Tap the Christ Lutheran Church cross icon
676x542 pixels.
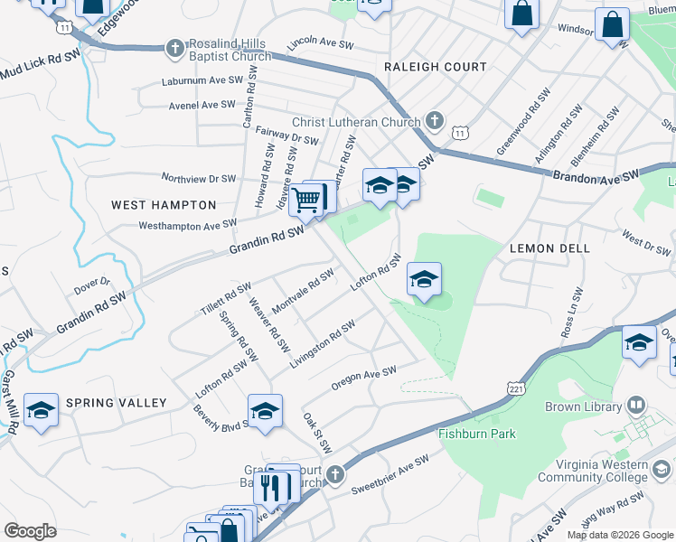434,121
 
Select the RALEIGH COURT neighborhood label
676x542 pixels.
435,67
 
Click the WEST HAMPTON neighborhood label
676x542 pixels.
164,205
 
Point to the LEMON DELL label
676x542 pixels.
549,248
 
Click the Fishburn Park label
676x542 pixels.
477,434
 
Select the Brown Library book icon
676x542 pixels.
636,405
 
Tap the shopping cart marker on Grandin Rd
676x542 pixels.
306,200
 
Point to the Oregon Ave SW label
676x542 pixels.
364,378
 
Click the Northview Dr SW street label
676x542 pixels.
198,178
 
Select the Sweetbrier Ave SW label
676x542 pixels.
390,476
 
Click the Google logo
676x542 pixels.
30,531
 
